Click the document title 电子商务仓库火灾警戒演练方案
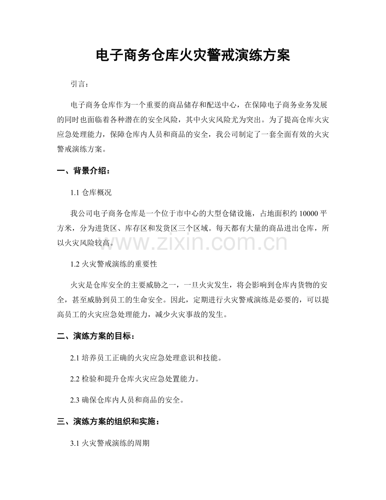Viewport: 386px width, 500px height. point(193,55)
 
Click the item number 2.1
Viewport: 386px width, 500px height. point(76,358)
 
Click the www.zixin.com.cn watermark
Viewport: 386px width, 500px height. point(193,242)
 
